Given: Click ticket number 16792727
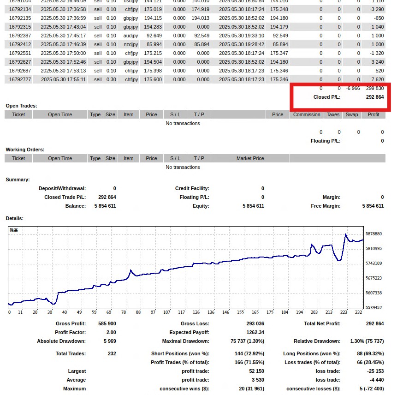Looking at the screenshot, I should [20, 79].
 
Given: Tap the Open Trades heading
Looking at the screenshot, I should [21, 106].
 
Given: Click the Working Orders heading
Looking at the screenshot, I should [25, 150].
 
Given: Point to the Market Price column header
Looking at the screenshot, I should [250, 158].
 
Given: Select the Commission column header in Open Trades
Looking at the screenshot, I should [306, 114].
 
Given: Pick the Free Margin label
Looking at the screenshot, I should [326, 206].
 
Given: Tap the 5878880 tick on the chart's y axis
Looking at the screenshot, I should [373, 234].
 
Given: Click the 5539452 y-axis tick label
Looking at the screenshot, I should [373, 307].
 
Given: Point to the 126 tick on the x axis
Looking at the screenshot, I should [196, 312].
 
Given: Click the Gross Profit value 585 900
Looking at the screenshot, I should [107, 323].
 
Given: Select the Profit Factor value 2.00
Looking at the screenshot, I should [110, 332].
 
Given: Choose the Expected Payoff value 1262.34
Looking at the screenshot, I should [255, 332].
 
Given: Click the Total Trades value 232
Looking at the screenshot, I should [111, 353].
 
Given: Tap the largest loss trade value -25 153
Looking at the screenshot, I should [373, 371].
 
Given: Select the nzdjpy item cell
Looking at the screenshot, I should [130, 44].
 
